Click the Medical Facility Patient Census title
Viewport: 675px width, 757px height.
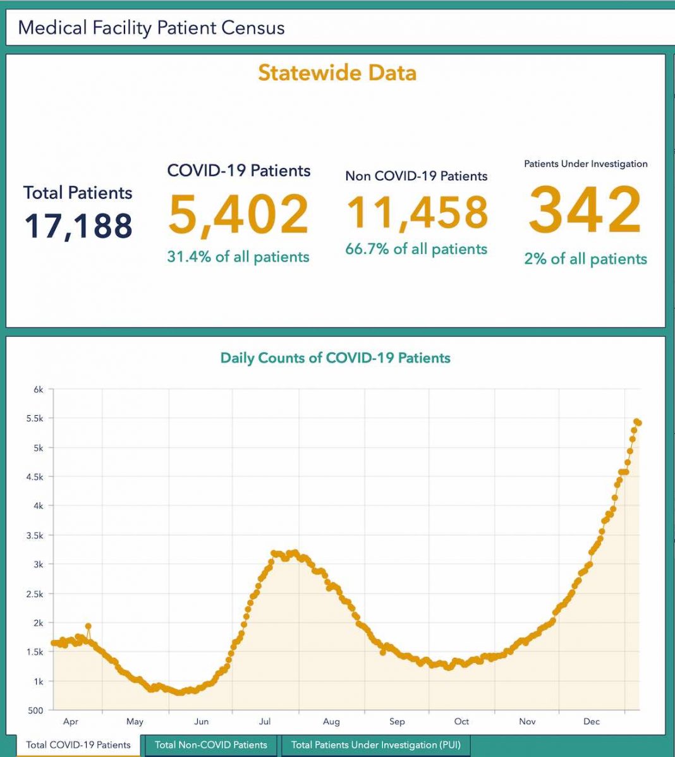[x=151, y=28]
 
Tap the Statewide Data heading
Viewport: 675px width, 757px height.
[x=337, y=73]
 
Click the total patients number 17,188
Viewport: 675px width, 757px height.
[x=78, y=226]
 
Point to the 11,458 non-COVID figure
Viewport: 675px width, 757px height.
[x=417, y=212]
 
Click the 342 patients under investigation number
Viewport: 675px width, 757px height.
[x=585, y=210]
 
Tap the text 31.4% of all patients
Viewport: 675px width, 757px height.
[x=238, y=257]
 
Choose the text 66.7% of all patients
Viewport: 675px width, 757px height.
[x=416, y=249]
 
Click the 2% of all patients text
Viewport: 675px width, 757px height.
[x=585, y=259]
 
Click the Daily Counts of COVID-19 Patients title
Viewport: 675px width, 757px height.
[x=335, y=358]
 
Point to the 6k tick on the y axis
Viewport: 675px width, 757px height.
[x=39, y=389]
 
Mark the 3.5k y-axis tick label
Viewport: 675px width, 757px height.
[x=35, y=535]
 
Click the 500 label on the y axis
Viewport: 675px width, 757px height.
[x=36, y=710]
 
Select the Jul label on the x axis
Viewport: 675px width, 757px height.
[x=264, y=722]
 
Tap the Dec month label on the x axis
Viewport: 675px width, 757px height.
[x=592, y=722]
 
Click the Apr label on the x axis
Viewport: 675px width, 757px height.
[x=71, y=722]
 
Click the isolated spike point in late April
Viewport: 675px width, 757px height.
[x=88, y=627]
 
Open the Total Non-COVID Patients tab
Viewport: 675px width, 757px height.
[x=211, y=745]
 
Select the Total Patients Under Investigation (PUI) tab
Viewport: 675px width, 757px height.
[x=375, y=745]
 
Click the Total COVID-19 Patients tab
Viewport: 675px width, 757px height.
[x=78, y=745]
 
